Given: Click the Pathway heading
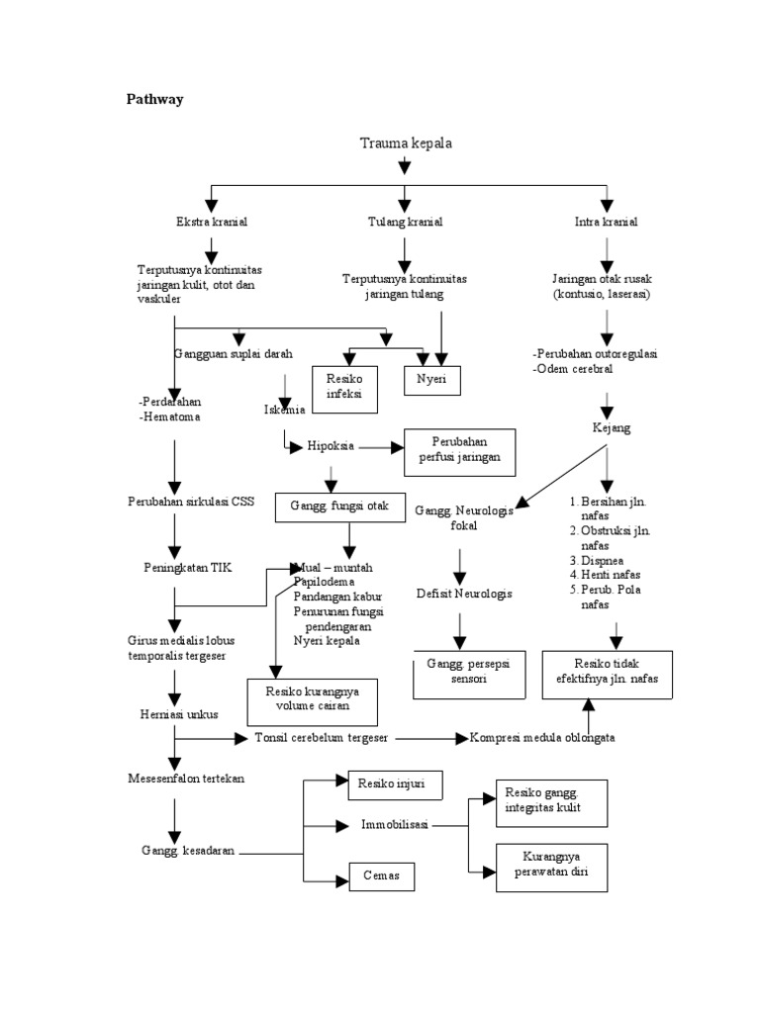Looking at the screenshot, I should pos(154,99).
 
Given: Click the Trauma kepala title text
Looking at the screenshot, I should pos(405,144).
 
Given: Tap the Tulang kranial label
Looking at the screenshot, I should pos(404,223).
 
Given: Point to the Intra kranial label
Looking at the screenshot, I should pos(606,223).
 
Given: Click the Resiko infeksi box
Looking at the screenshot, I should pos(344,386).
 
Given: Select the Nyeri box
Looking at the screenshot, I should pos(431,379).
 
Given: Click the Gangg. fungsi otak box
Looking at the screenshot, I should pos(339,506).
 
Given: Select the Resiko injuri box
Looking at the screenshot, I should pos(394,785).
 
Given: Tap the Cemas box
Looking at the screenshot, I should pos(381,876).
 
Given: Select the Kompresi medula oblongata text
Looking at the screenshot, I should pos(549,738).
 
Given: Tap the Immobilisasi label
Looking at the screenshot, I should pos(394,825).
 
